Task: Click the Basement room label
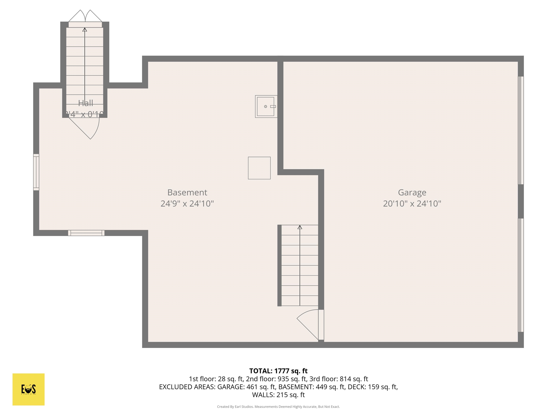[x=187, y=192]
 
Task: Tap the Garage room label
[x=412, y=192]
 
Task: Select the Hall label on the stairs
[x=85, y=103]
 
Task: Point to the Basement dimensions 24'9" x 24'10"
[x=187, y=204]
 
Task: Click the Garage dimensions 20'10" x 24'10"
[x=412, y=204]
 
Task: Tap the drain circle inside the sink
[x=265, y=106]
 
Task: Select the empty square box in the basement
[x=259, y=168]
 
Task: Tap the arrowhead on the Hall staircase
[x=85, y=30]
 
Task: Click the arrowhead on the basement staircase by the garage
[x=300, y=227]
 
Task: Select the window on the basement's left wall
[x=36, y=172]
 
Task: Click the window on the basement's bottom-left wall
[x=86, y=233]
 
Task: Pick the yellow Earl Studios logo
[x=28, y=389]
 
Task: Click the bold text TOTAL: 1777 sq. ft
[x=278, y=371]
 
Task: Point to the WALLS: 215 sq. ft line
[x=278, y=395]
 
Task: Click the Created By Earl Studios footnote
[x=278, y=407]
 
